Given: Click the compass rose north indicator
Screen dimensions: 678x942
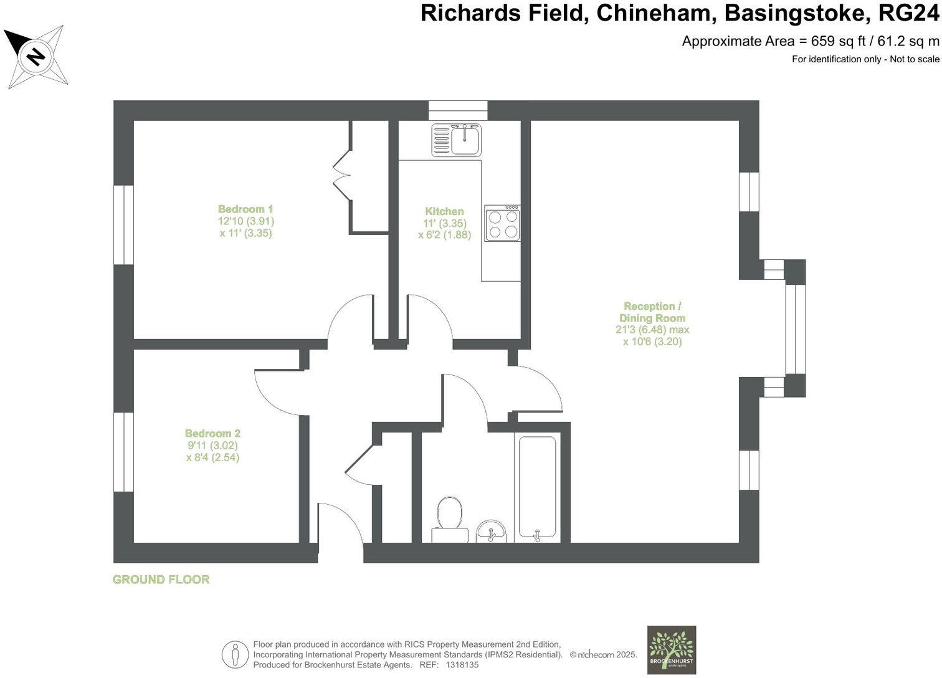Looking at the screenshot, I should [x=36, y=56].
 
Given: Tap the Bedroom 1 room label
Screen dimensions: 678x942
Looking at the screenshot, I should [x=245, y=209].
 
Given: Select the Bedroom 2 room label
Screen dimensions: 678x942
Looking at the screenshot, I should [x=212, y=433].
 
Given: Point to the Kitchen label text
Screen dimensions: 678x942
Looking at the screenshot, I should [x=444, y=211].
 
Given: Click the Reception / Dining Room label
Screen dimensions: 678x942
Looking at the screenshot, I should [x=652, y=312].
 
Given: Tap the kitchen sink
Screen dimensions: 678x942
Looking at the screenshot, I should [x=457, y=140].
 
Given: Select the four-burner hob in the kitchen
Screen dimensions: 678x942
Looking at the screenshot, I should [x=503, y=224].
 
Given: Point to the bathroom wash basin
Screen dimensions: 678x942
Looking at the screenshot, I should [x=492, y=532].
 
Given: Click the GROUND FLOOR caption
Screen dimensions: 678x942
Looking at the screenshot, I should [x=161, y=580].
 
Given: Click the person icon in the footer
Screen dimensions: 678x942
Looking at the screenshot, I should [x=235, y=654].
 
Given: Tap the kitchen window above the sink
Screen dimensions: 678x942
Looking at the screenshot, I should [x=458, y=110].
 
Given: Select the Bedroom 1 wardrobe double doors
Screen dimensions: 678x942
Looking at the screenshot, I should [x=343, y=176].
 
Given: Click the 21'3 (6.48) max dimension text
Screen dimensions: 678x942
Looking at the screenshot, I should [x=652, y=330].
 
